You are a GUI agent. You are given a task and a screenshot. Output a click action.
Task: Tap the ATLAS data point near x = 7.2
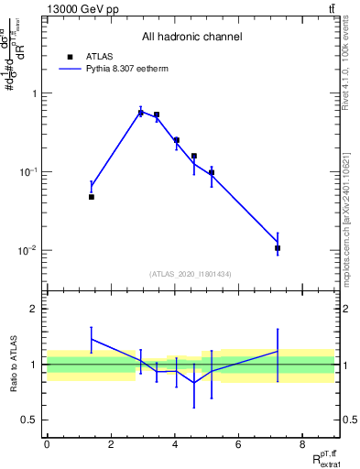pyautogui.click(x=278, y=248)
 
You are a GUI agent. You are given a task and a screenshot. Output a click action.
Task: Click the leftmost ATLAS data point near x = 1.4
pyautogui.click(x=92, y=197)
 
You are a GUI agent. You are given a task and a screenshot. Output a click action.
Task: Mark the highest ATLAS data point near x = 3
pyautogui.click(x=141, y=113)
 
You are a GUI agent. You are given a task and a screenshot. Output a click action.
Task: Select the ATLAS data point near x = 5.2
pyautogui.click(x=212, y=172)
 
